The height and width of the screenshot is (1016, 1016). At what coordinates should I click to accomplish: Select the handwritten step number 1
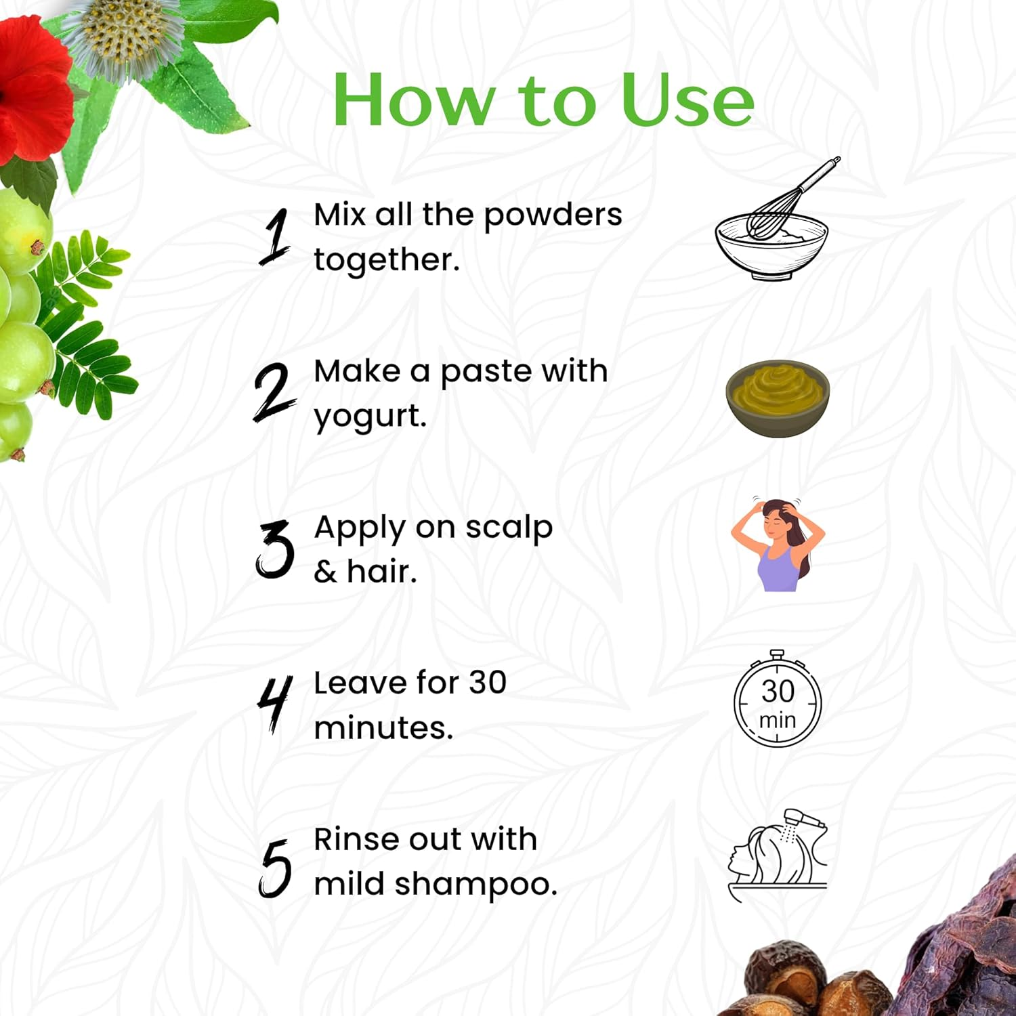pyautogui.click(x=276, y=236)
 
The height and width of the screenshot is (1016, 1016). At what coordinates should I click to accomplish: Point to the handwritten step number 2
pyautogui.click(x=274, y=392)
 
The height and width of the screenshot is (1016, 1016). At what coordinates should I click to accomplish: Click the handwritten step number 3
pyautogui.click(x=274, y=549)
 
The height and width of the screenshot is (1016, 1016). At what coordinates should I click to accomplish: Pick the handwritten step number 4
pyautogui.click(x=274, y=704)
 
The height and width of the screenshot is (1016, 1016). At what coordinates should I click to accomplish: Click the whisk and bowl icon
pyautogui.click(x=775, y=220)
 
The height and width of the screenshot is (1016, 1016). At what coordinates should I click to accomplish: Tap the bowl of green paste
pyautogui.click(x=778, y=398)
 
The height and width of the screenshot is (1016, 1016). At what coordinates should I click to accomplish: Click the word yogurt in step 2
pyautogui.click(x=370, y=417)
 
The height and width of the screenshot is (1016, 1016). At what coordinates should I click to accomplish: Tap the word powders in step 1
pyautogui.click(x=553, y=216)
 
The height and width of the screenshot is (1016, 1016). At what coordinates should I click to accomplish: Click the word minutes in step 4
pyautogui.click(x=383, y=728)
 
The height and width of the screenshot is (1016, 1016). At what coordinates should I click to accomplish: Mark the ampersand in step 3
pyautogui.click(x=325, y=572)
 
